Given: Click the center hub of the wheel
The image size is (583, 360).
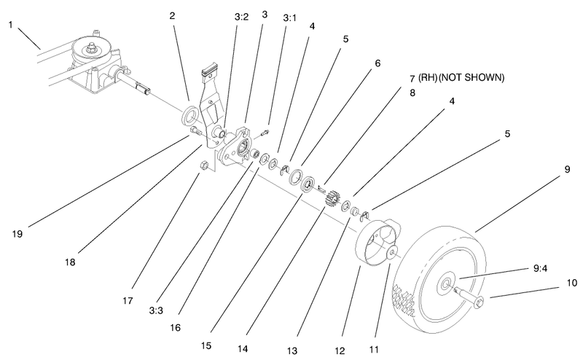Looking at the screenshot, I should pos(444,280).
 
